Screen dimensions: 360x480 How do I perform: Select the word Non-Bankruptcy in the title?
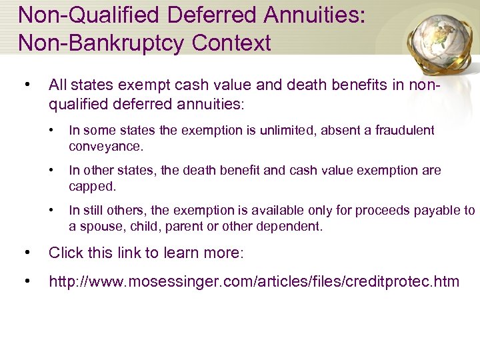point(102,43)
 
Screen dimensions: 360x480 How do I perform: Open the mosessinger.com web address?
point(254,281)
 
